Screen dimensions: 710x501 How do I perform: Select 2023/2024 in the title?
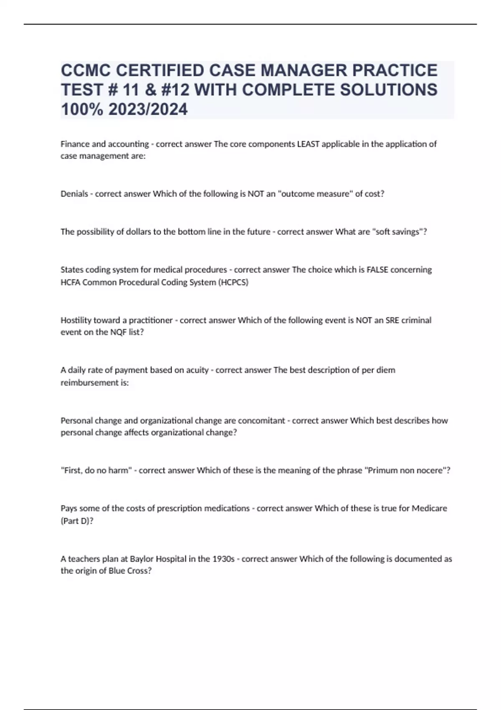[148, 109]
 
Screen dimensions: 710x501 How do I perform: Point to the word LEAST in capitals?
[308, 144]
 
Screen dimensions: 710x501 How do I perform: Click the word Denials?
[74, 194]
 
